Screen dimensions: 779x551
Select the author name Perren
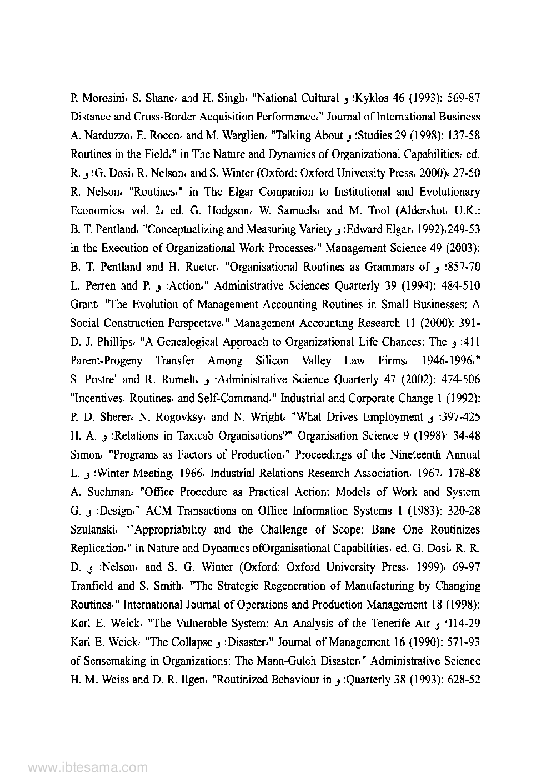pos(100,286)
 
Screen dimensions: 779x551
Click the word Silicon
pos(272,361)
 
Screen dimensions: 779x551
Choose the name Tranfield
pos(92,586)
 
